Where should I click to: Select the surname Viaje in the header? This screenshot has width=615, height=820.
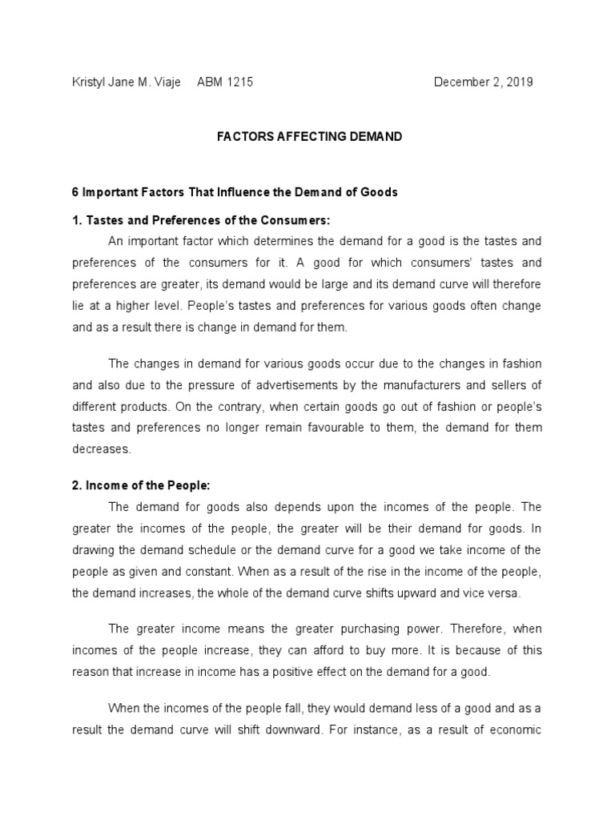point(165,82)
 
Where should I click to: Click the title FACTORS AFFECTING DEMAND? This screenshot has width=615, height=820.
point(310,137)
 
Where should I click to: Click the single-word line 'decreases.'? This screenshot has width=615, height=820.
point(102,449)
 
